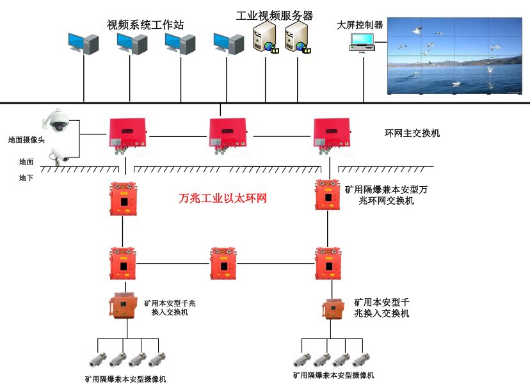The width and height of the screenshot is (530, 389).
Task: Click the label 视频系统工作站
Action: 145,25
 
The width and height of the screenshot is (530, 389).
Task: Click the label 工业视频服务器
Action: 275,15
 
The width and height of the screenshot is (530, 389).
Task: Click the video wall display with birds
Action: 454,56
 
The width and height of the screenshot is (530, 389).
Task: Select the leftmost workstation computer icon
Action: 84,44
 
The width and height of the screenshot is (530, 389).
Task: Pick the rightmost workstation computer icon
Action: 229,44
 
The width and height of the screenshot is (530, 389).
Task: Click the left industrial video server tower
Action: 265,38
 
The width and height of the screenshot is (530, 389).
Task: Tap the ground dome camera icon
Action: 56,119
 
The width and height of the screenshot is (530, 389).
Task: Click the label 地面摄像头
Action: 26,139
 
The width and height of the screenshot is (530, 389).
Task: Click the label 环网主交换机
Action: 412,134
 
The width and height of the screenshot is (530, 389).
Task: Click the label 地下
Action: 26,178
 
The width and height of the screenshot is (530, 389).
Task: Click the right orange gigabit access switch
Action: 330,309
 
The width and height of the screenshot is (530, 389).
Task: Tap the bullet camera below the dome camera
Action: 61,155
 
